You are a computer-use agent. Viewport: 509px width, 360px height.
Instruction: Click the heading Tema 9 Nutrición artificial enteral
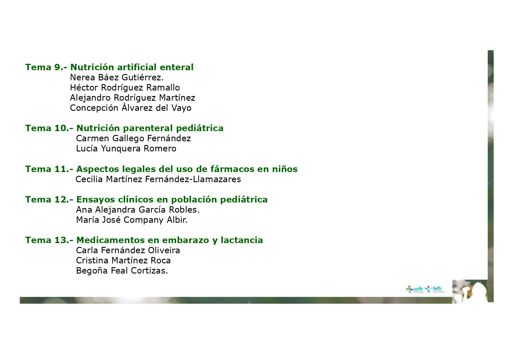click(x=109, y=67)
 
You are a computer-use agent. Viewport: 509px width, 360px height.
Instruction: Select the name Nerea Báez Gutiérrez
click(x=117, y=77)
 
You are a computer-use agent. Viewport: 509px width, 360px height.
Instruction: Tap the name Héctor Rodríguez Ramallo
click(x=125, y=88)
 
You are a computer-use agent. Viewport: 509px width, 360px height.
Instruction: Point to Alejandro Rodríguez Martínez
click(x=133, y=98)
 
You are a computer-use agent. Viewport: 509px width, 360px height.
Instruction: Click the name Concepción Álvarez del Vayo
click(x=131, y=108)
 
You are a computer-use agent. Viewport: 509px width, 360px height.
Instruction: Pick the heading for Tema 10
click(x=124, y=128)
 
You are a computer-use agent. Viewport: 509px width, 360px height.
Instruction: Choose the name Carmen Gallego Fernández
click(x=133, y=138)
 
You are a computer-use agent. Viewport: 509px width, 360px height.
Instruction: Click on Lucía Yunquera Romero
click(x=126, y=149)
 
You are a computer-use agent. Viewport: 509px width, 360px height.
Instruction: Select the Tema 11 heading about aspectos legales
click(x=161, y=169)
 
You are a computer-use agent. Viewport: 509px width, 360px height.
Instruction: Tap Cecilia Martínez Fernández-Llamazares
click(x=158, y=179)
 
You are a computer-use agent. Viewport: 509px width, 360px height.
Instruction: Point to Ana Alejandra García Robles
click(x=138, y=210)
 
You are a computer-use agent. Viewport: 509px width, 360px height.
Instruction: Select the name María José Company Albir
click(x=132, y=220)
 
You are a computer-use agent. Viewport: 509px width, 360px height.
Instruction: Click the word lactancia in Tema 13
click(x=242, y=240)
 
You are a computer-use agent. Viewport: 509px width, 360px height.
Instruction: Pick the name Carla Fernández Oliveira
click(x=128, y=250)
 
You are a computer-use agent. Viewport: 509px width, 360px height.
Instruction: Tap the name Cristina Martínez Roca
click(x=123, y=260)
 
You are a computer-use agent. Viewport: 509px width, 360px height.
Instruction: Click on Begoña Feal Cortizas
click(x=122, y=271)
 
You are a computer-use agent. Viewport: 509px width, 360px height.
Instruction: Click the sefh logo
click(x=414, y=289)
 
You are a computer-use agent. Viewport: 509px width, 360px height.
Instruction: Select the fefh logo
click(x=434, y=289)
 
